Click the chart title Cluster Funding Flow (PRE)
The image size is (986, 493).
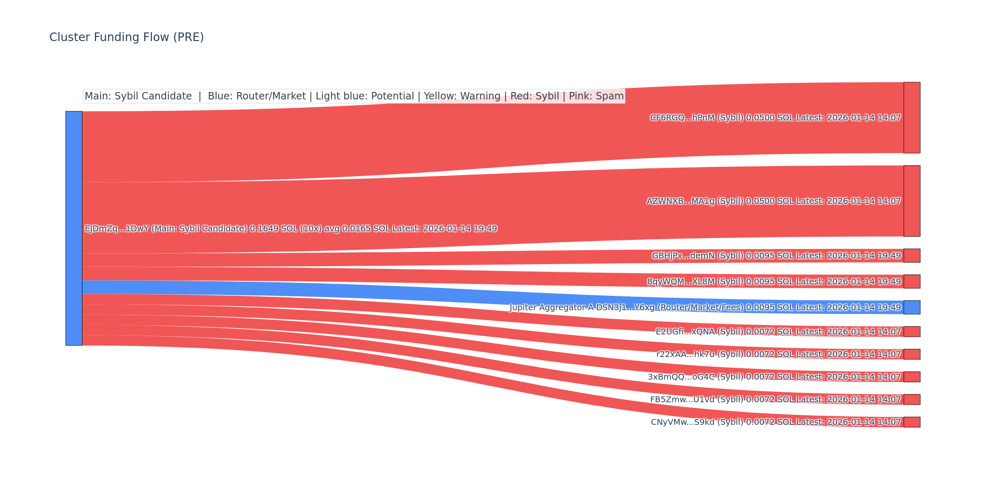(x=127, y=37)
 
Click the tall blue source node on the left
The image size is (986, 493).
(x=74, y=228)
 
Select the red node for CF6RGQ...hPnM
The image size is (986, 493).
(x=912, y=117)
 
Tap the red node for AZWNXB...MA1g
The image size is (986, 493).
(x=912, y=201)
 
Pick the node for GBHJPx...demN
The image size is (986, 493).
(x=912, y=256)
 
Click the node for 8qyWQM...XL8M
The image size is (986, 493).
(x=912, y=281)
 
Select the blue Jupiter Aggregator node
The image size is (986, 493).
(x=912, y=307)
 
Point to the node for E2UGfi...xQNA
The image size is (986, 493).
(x=912, y=332)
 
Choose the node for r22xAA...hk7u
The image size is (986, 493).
(x=912, y=354)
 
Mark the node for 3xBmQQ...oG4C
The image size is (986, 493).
(x=912, y=377)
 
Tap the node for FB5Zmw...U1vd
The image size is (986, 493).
(x=912, y=399)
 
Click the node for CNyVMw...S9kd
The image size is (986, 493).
(x=912, y=422)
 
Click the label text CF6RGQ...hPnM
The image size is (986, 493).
(x=682, y=118)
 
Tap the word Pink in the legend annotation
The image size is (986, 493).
(x=576, y=96)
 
